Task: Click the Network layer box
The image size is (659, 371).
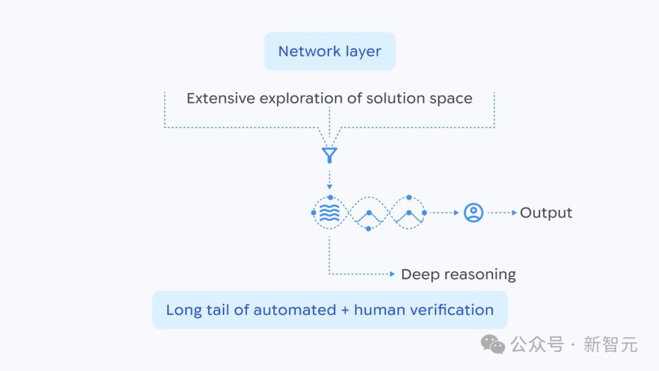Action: (x=330, y=51)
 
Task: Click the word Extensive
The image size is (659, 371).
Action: (x=221, y=98)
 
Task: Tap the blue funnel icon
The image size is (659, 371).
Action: (x=329, y=155)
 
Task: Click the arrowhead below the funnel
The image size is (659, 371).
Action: (x=329, y=186)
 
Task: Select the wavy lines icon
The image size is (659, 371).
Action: (x=329, y=213)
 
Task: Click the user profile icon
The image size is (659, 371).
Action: (x=474, y=213)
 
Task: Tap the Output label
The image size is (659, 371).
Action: (x=546, y=213)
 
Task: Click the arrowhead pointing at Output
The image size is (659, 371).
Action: (x=514, y=213)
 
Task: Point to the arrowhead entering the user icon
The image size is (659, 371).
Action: (x=456, y=213)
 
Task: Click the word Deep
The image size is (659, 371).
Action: (x=420, y=274)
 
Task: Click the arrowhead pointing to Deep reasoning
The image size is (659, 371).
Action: (x=392, y=274)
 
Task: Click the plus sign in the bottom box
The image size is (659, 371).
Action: (x=345, y=310)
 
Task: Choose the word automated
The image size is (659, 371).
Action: (x=295, y=310)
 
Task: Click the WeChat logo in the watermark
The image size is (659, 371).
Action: (x=493, y=345)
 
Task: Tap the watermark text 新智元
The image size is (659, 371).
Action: (x=610, y=345)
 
